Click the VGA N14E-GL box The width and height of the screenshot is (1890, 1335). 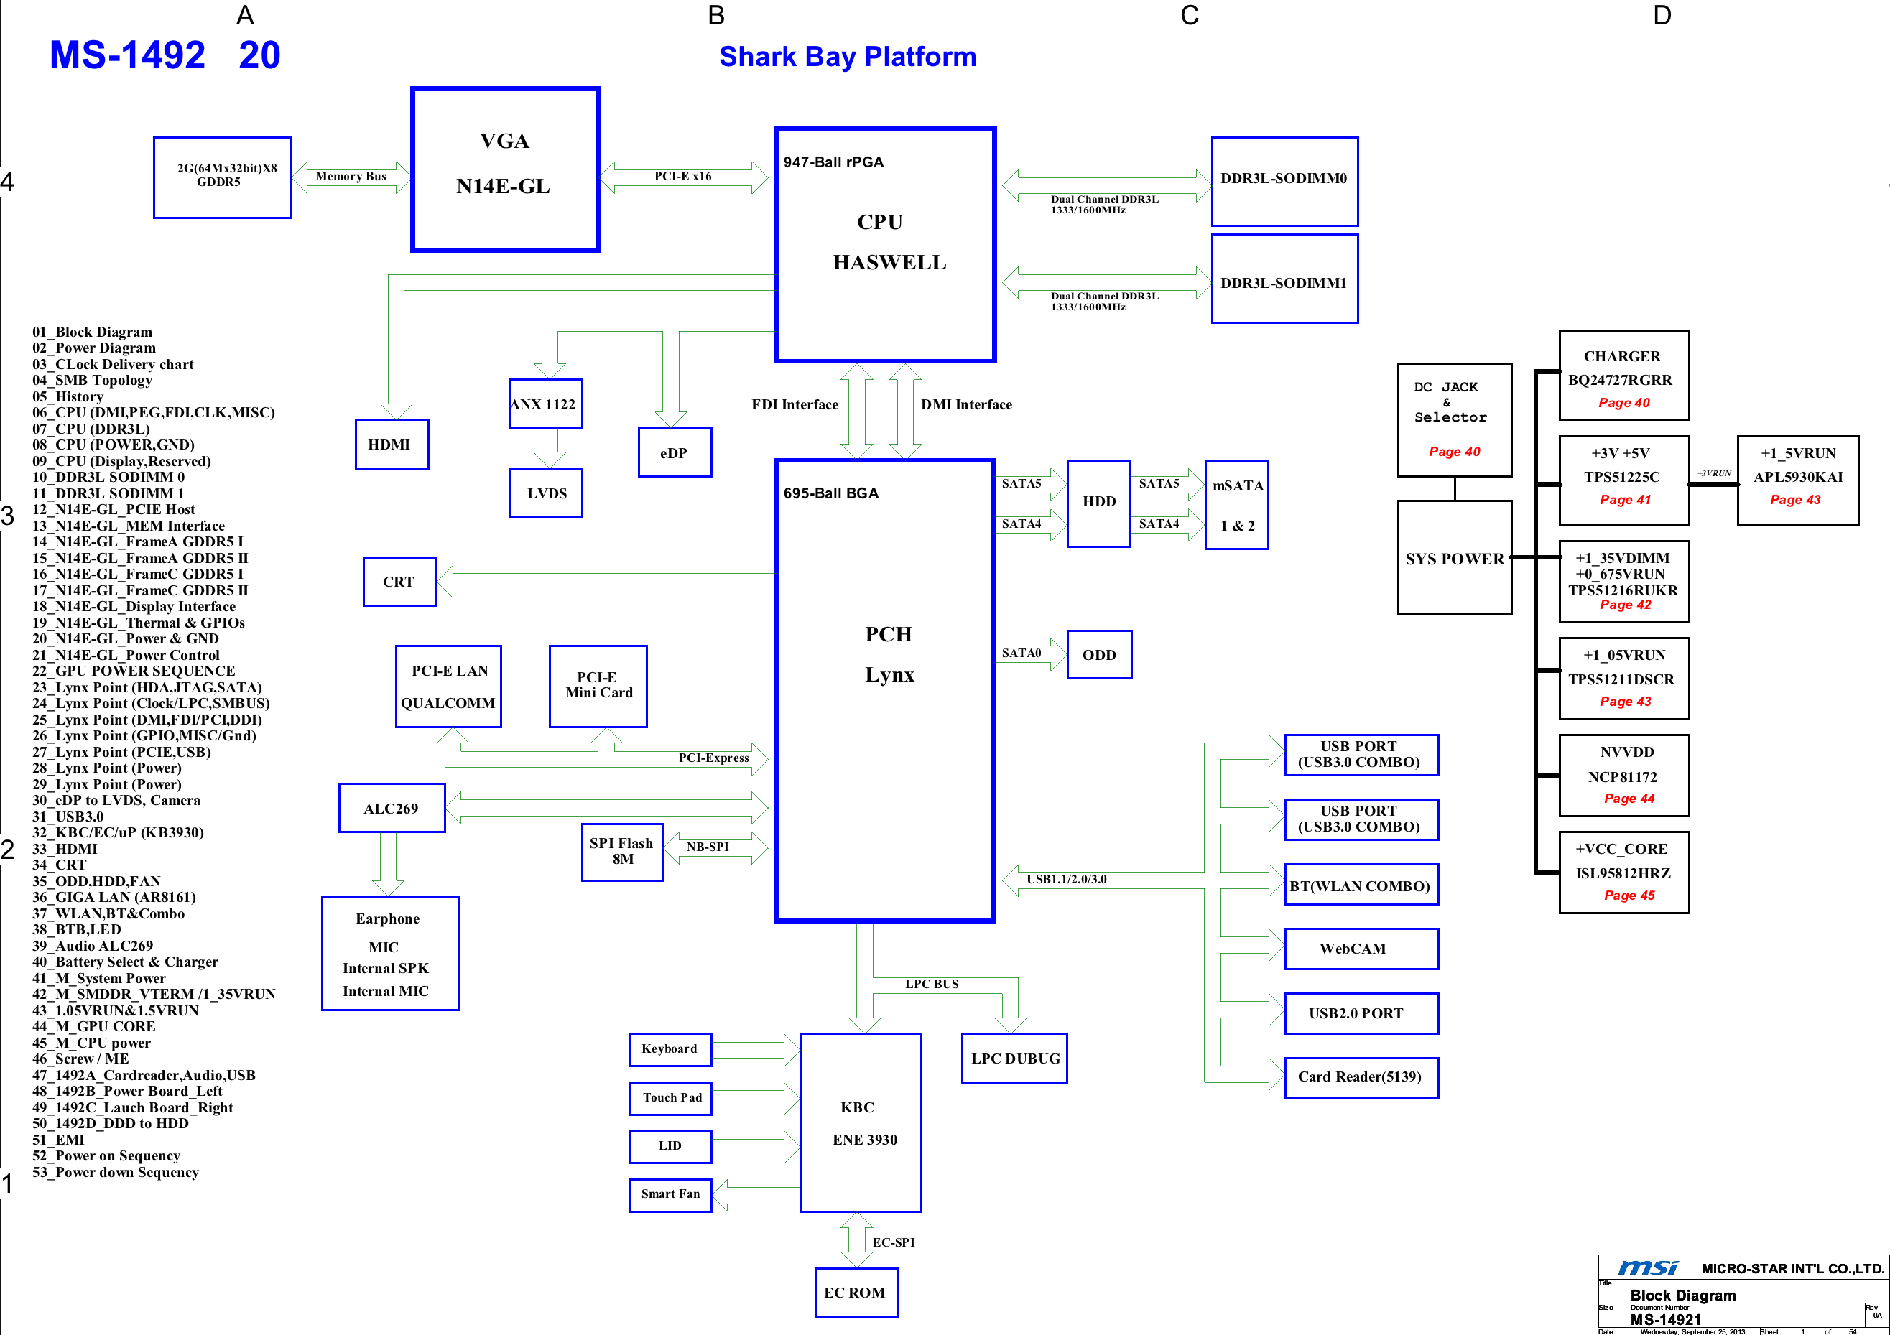504,169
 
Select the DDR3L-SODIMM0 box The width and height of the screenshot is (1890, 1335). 1284,181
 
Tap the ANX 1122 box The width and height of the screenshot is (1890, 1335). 545,404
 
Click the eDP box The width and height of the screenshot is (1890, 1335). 674,452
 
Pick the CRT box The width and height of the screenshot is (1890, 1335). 399,582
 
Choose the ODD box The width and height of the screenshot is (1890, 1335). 1099,655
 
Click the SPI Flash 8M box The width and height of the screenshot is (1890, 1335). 621,852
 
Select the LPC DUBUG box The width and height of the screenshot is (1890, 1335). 1014,1059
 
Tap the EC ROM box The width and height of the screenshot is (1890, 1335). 856,1292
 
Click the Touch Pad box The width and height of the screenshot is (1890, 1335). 671,1098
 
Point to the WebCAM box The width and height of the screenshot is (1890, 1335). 1361,949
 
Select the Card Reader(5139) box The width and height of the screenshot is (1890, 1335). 1361,1077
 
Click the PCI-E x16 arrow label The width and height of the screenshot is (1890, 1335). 682,176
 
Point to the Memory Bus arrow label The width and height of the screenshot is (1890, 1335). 351,176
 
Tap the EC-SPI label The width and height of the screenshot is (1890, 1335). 893,1242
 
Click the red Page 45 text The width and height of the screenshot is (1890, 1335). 1629,896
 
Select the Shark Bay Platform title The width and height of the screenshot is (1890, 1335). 847,57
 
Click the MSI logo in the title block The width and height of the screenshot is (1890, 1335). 1647,1267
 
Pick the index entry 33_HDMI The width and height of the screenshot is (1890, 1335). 65,849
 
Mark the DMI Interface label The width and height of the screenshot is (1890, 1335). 965,404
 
